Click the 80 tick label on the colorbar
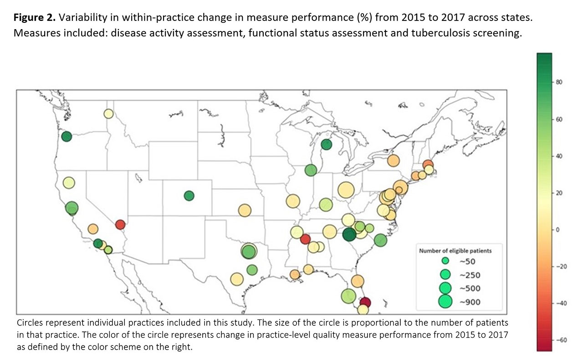pos(560,82)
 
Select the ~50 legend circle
pos(446,261)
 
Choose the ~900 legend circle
pos(445,301)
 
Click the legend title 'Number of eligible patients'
pos(455,250)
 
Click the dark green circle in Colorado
pos(189,196)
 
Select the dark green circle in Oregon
pos(66,137)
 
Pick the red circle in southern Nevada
pos(120,224)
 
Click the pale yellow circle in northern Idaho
pos(108,114)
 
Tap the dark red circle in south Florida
pos(365,303)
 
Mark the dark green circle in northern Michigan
pos(326,145)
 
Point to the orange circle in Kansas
pos(245,210)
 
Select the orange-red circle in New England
pos(428,164)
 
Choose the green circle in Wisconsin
pos(311,170)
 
